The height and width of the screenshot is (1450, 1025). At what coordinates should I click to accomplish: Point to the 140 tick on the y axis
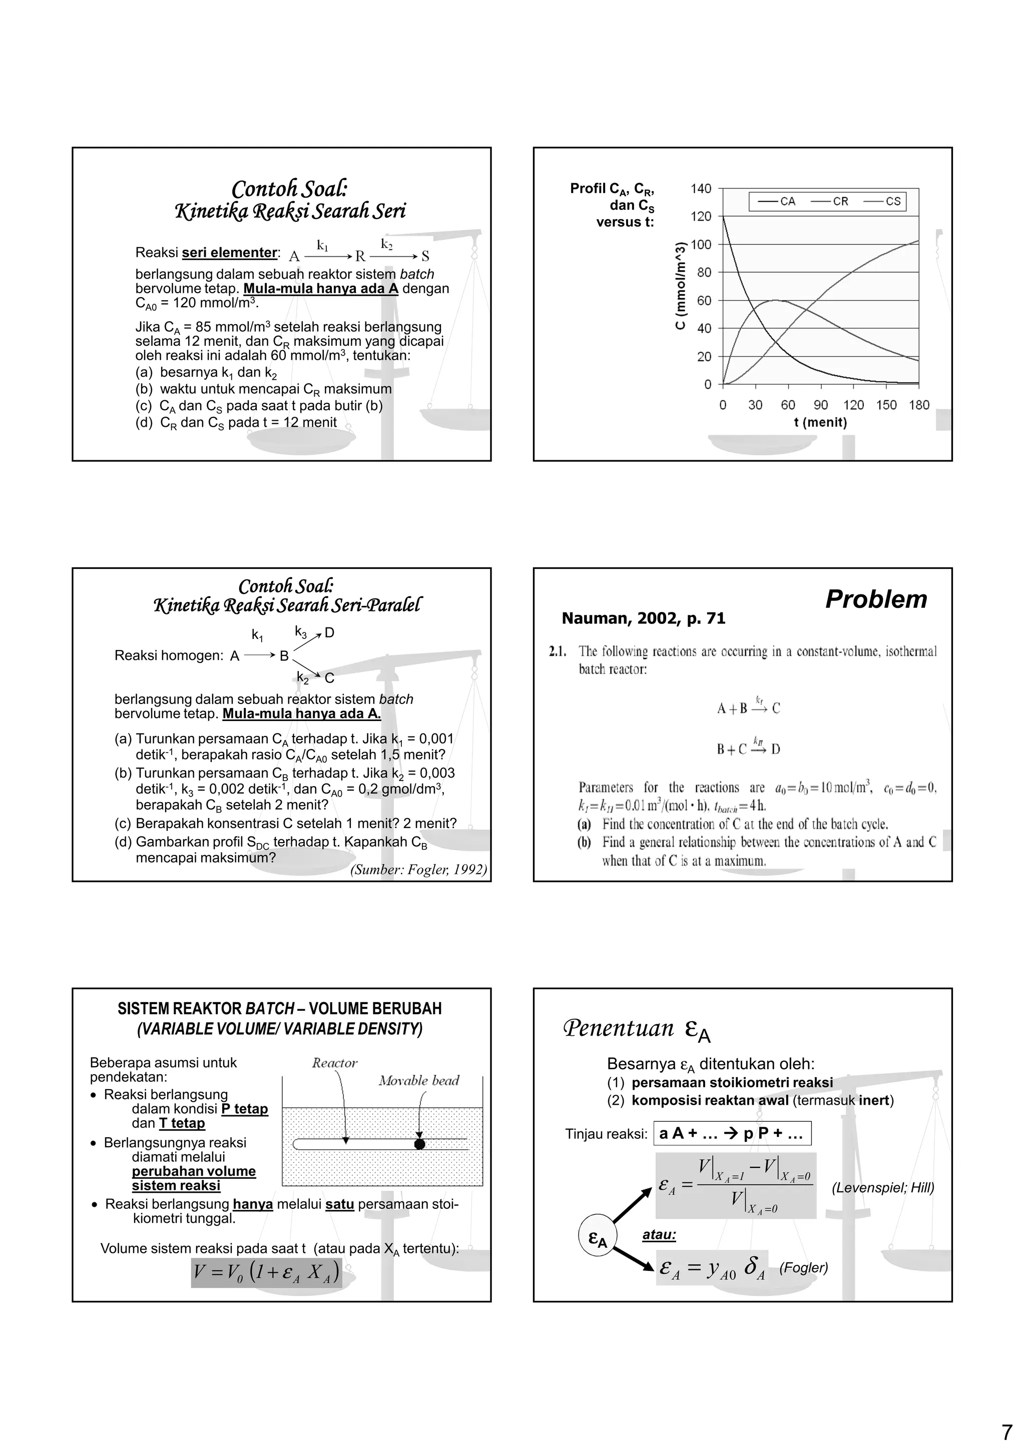pyautogui.click(x=700, y=189)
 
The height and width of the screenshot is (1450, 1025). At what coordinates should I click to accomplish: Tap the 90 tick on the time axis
pyautogui.click(x=820, y=405)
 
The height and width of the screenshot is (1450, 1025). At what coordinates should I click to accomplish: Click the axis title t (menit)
pyautogui.click(x=820, y=422)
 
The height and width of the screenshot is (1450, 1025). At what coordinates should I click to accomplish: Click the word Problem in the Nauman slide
pyautogui.click(x=876, y=599)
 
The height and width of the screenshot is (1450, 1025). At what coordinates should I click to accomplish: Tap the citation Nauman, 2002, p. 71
pyautogui.click(x=644, y=619)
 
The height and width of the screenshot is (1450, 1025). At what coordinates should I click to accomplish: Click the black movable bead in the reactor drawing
pyautogui.click(x=419, y=1144)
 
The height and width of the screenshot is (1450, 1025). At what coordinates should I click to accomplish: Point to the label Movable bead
pyautogui.click(x=419, y=1081)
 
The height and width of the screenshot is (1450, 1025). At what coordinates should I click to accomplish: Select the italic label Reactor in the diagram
pyautogui.click(x=335, y=1063)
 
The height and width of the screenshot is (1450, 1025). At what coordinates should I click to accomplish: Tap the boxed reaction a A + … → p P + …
pyautogui.click(x=732, y=1134)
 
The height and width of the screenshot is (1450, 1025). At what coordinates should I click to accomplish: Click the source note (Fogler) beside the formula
pyautogui.click(x=803, y=1267)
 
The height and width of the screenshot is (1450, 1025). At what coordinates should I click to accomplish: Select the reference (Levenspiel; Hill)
pyautogui.click(x=882, y=1187)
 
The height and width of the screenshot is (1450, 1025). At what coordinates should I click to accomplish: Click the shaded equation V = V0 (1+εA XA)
pyautogui.click(x=267, y=1272)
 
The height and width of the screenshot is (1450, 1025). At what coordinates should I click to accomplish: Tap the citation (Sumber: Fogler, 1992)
pyautogui.click(x=418, y=870)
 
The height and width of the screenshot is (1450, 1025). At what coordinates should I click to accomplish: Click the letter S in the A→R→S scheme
pyautogui.click(x=425, y=256)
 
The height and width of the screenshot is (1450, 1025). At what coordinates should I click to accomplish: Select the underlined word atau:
pyautogui.click(x=659, y=1235)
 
